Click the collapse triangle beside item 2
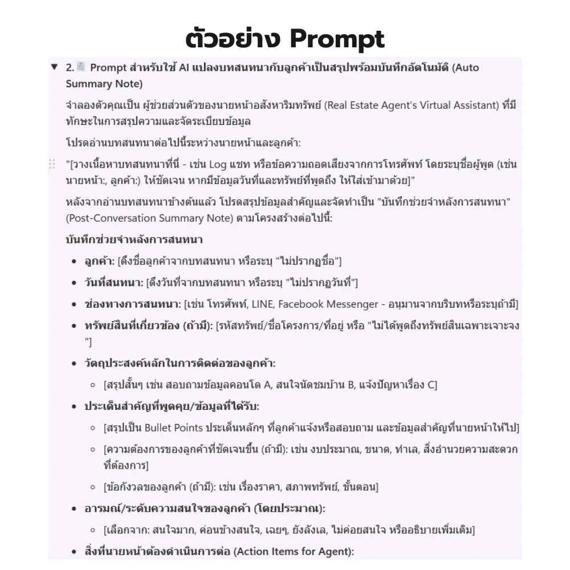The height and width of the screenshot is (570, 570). (x=54, y=67)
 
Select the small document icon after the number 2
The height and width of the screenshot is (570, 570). (x=80, y=67)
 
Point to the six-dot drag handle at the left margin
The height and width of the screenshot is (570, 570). (x=52, y=164)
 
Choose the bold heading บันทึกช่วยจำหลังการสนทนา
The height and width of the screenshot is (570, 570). (x=135, y=239)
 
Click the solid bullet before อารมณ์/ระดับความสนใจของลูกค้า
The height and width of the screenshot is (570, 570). (x=75, y=508)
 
